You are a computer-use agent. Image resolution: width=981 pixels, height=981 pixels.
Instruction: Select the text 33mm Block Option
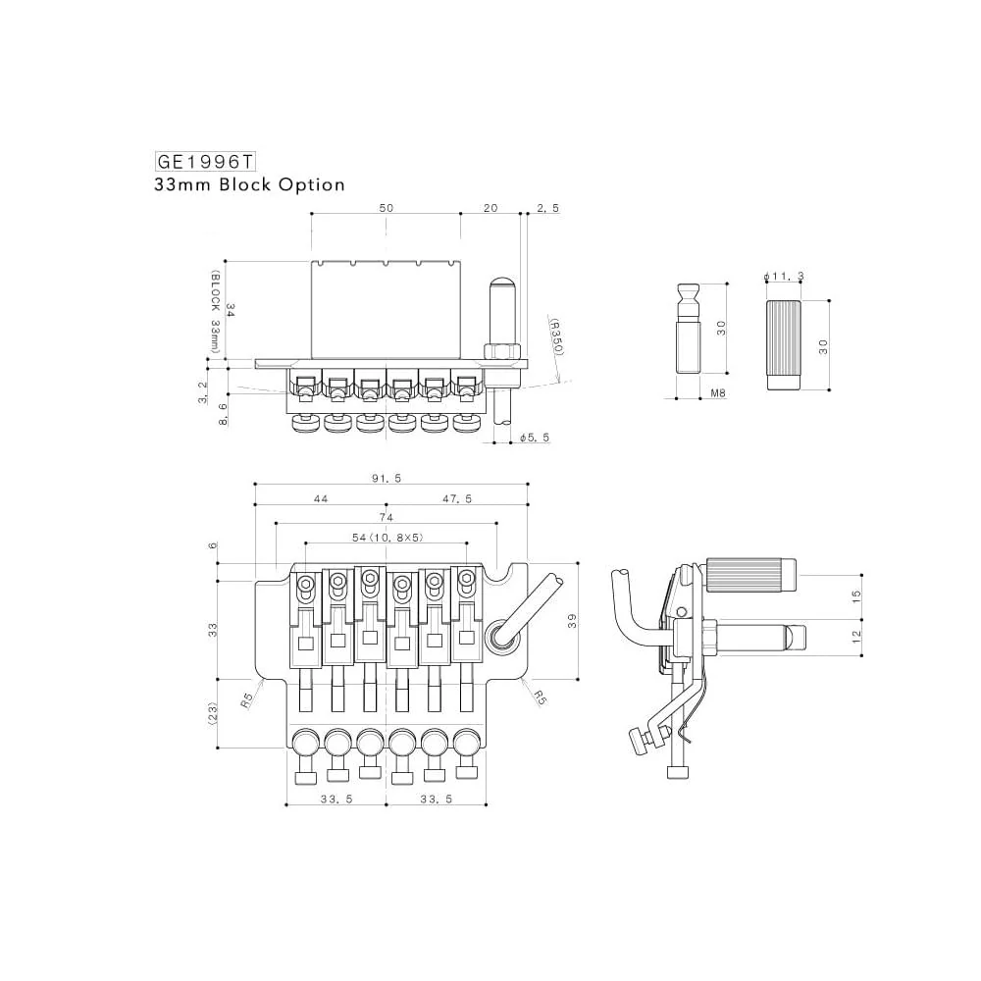pyautogui.click(x=249, y=184)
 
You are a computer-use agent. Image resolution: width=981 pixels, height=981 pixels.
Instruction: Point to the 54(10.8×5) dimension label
pyautogui.click(x=384, y=538)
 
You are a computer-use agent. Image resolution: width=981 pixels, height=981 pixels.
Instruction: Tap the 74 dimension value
pyautogui.click(x=386, y=517)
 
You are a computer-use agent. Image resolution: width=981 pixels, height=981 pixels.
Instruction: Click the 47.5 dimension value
pyautogui.click(x=457, y=498)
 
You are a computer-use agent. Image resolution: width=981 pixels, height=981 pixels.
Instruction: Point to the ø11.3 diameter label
pyautogui.click(x=784, y=278)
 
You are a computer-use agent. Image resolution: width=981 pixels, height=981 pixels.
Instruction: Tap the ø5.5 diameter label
pyautogui.click(x=536, y=437)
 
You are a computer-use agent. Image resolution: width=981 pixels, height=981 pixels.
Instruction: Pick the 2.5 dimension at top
pyautogui.click(x=547, y=209)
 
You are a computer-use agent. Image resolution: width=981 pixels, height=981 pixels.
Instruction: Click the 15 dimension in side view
pyautogui.click(x=855, y=595)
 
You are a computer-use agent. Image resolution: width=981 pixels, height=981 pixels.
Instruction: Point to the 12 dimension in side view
pyautogui.click(x=855, y=637)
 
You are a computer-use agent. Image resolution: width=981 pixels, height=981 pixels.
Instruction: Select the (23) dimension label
pyautogui.click(x=214, y=713)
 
